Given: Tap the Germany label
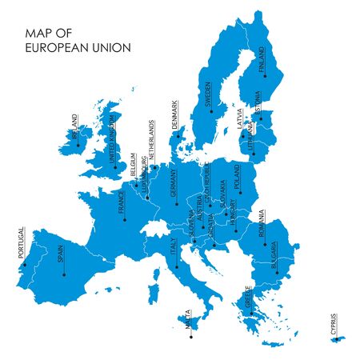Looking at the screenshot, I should click(173, 185).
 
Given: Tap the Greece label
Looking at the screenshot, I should click(250, 297).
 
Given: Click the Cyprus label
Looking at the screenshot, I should click(335, 322).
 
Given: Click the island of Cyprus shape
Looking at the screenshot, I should click(338, 339).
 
